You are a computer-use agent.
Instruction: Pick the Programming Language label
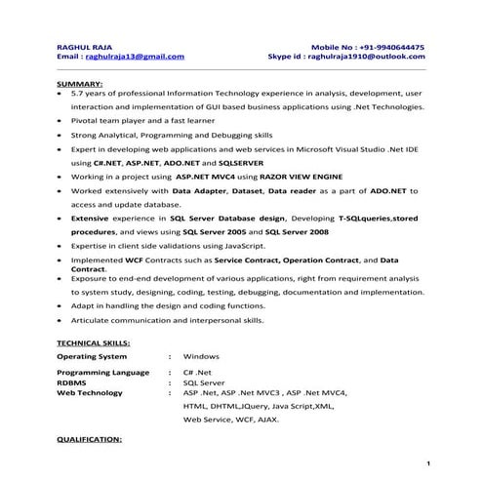(x=102, y=374)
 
